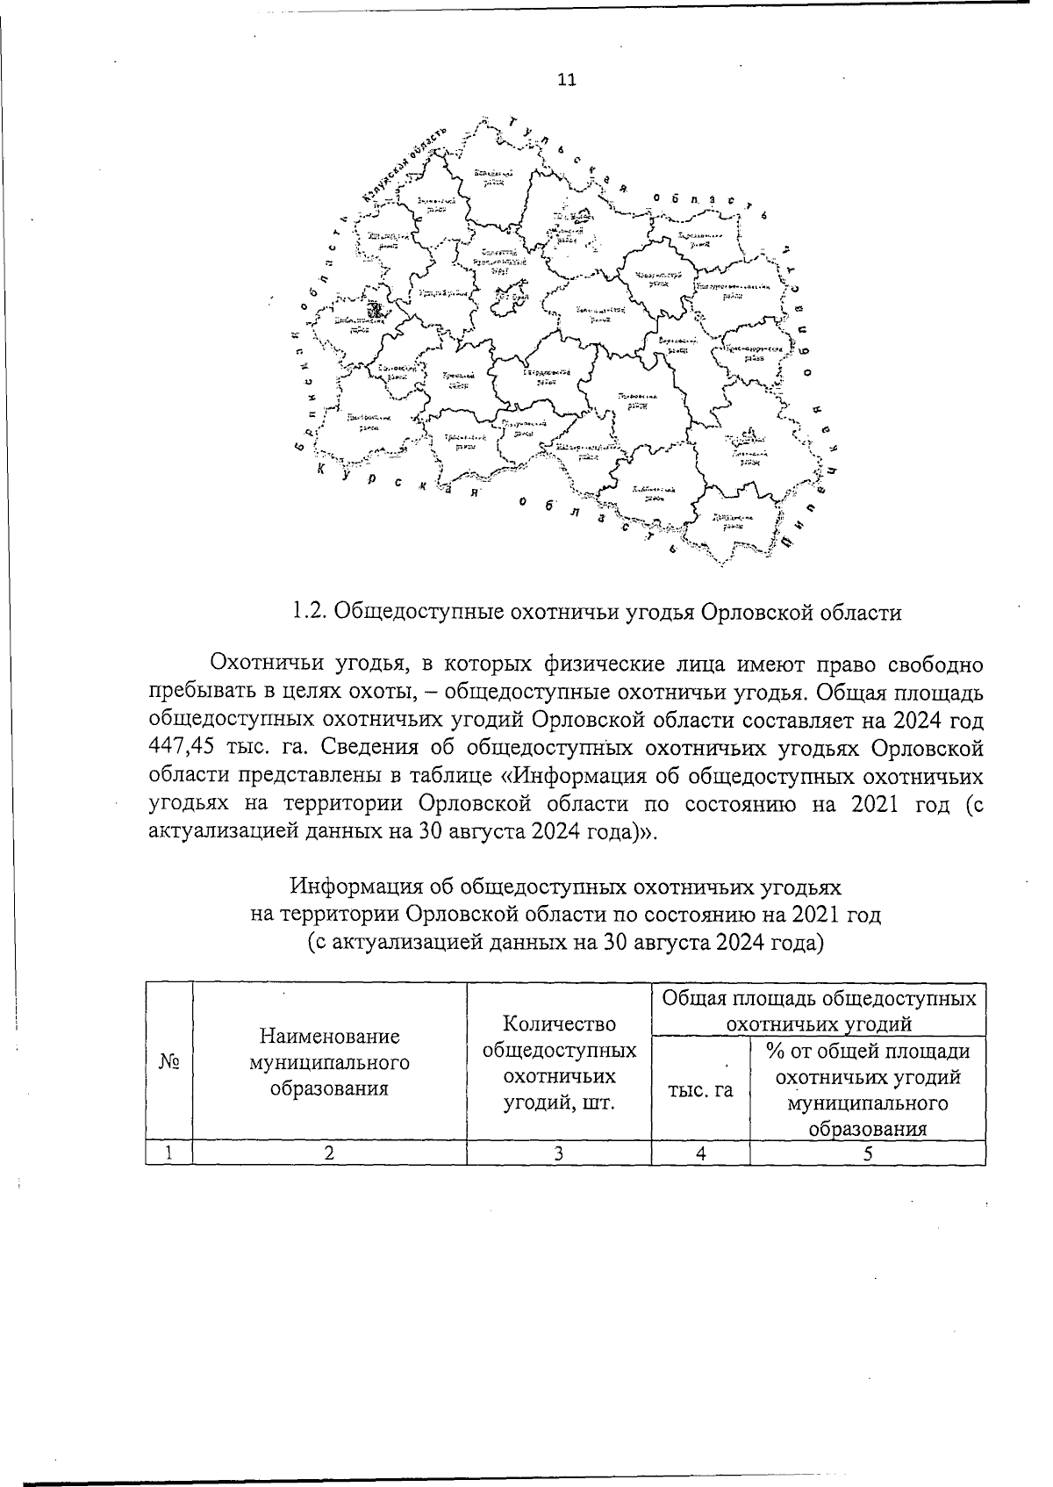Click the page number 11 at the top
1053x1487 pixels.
point(566,80)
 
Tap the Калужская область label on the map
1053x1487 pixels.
point(404,166)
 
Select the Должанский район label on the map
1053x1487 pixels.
point(727,521)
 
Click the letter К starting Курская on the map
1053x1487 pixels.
point(321,470)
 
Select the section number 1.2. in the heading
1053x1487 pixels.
point(308,612)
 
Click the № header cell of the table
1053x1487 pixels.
point(169,1061)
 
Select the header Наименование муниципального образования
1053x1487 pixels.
point(329,1063)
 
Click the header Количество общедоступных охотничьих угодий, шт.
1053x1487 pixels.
point(559,1063)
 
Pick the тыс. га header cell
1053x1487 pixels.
point(700,1089)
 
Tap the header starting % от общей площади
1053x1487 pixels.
point(868,1089)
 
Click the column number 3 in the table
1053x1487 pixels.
point(559,1153)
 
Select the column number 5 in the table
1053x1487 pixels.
point(867,1153)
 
